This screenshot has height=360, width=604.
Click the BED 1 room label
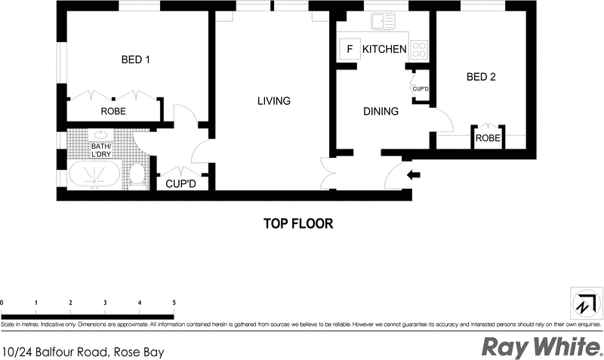point(136,60)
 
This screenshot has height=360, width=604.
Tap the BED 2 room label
point(481,76)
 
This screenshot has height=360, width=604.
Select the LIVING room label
point(273,101)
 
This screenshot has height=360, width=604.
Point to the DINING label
point(381,112)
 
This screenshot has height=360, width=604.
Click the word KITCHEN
point(384,50)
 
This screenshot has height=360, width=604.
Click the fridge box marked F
point(350,50)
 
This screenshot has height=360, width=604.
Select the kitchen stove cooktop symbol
point(420,50)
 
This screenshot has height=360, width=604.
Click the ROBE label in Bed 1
point(113,112)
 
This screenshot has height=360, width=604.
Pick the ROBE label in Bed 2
point(488,138)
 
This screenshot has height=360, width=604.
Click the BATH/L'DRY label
point(102,150)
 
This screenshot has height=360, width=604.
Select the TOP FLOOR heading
point(298,223)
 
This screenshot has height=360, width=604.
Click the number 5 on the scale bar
point(174,303)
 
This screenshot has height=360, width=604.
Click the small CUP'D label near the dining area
point(421,89)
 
